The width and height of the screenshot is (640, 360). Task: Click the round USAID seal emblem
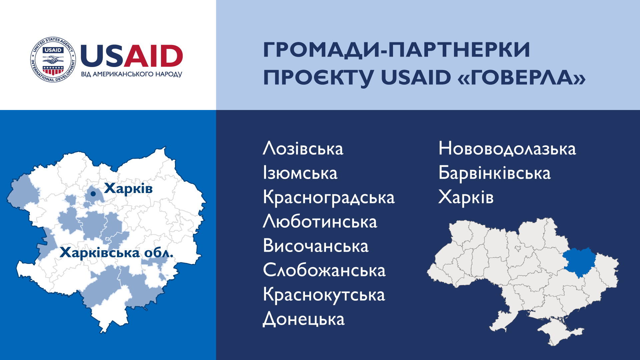point(53,60)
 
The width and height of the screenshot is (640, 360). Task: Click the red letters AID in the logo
point(153,56)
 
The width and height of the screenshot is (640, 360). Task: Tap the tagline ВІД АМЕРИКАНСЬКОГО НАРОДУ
point(132,74)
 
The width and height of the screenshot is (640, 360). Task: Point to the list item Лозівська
point(303,148)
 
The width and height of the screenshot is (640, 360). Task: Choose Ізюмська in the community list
point(300,173)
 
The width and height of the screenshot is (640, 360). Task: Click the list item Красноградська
point(329,198)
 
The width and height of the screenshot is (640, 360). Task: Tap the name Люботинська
point(320,221)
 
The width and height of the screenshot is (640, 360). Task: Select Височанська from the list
point(316,246)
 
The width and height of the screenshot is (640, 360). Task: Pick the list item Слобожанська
point(324,270)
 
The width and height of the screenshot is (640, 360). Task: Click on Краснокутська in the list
point(324,295)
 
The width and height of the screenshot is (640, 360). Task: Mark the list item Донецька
point(304,319)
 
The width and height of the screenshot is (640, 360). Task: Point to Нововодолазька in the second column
point(507,149)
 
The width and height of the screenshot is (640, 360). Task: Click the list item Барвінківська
point(495,173)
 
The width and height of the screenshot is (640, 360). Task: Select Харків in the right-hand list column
point(466,197)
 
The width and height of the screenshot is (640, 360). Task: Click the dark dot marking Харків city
point(93,194)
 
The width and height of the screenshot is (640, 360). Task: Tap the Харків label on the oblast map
point(128,189)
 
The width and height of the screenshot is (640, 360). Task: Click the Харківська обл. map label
point(117,253)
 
